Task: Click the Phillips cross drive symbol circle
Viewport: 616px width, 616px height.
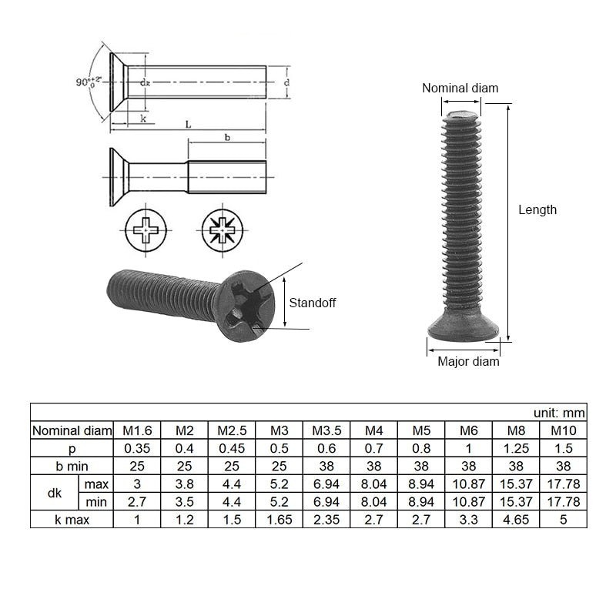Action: tap(146, 229)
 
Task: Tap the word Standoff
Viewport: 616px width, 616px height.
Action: tap(312, 303)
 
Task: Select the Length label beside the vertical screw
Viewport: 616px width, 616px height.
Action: tap(537, 209)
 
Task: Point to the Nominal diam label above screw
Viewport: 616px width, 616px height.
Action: tap(460, 88)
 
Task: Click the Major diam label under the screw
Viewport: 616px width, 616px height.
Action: tap(468, 361)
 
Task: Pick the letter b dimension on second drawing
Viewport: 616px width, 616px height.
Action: tap(226, 137)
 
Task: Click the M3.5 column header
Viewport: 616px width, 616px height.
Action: tap(326, 430)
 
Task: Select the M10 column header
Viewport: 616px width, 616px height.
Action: tap(563, 430)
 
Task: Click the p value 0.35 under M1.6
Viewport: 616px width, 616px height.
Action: tap(137, 448)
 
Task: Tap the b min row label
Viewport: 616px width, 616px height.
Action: tap(72, 466)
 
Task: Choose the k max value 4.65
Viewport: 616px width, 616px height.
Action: tap(516, 520)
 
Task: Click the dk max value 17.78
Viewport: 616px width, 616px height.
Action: tap(563, 484)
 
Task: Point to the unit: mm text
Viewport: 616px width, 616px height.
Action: tap(559, 412)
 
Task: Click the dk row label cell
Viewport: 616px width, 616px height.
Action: tap(55, 493)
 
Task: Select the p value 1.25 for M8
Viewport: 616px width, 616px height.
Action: tap(516, 448)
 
